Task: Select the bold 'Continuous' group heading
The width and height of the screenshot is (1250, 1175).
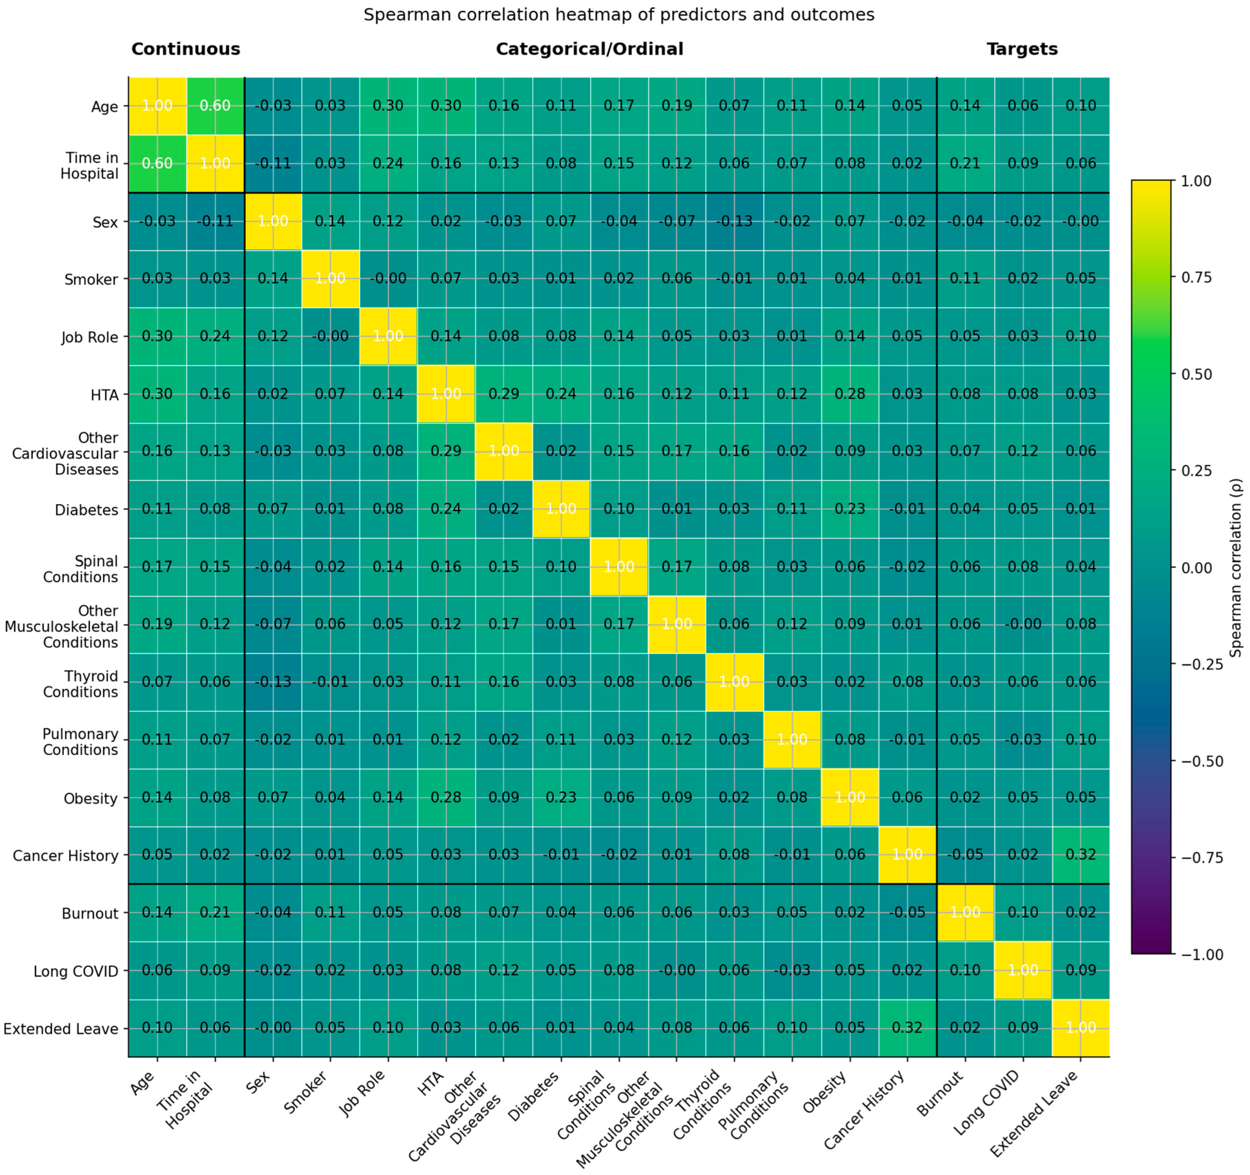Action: [185, 49]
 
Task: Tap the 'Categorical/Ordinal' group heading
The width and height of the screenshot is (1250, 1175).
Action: [589, 49]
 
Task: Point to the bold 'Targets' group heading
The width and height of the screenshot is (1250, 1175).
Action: [1022, 49]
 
